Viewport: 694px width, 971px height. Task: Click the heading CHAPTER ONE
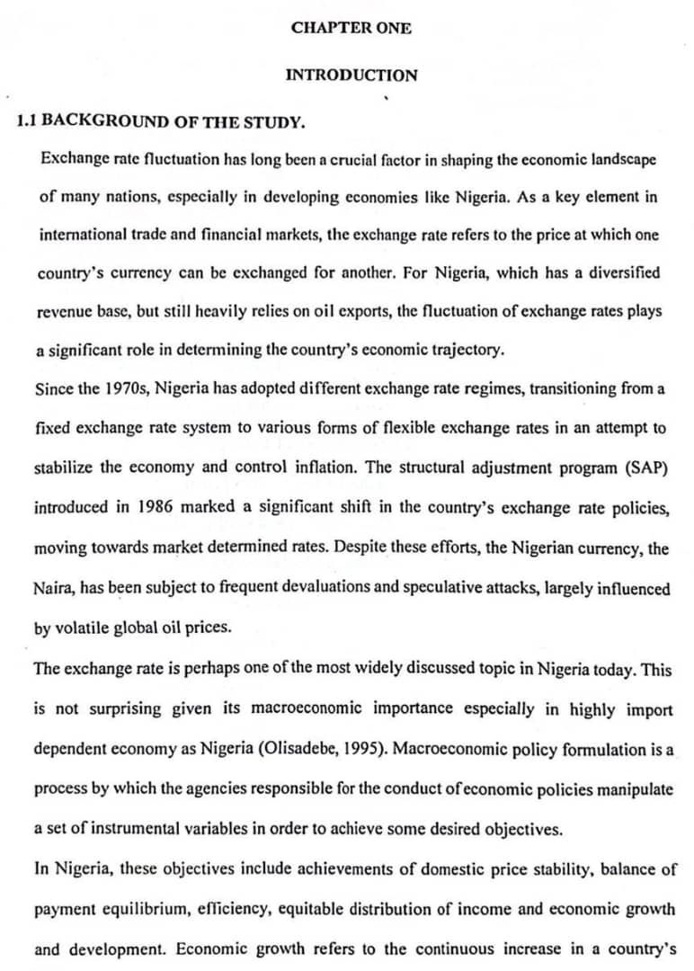tap(351, 28)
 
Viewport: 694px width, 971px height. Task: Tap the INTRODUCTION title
tap(351, 76)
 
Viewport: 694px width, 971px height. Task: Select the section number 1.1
tap(27, 121)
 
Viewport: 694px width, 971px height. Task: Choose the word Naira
tap(53, 589)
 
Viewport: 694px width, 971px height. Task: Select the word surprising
tap(129, 709)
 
